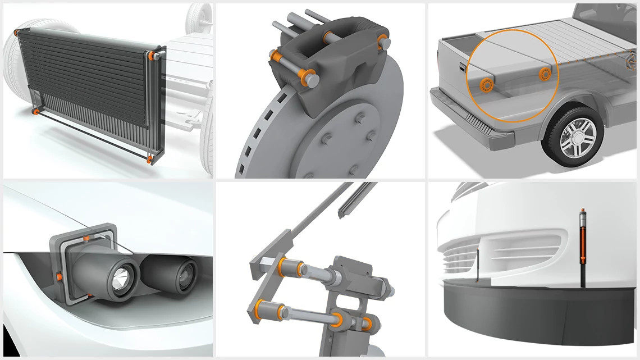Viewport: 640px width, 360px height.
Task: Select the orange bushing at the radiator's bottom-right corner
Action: (149, 160)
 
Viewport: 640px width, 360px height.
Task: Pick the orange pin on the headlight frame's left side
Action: (60, 277)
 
